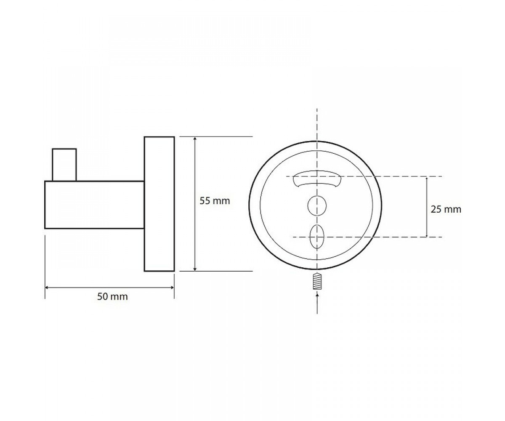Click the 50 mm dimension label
point(112,297)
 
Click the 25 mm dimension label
point(446,210)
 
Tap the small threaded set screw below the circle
point(317,282)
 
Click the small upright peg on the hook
point(64,165)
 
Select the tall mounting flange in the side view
point(159,204)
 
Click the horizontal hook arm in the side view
point(95,205)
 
